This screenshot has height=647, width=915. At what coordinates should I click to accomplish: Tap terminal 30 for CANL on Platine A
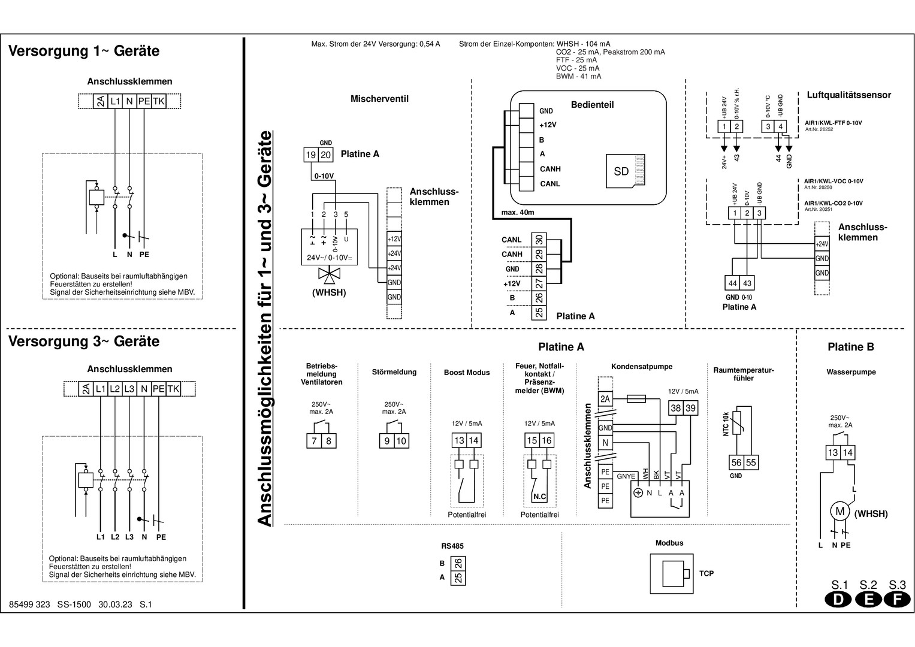coord(539,240)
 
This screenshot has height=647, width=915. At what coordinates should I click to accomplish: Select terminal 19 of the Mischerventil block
coord(311,155)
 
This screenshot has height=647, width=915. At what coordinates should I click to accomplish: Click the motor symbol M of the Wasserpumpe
coord(839,512)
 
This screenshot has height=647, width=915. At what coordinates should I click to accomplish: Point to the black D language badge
coord(839,600)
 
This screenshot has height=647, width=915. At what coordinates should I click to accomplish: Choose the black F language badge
coord(897,600)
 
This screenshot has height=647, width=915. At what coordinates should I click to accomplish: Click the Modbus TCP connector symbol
coord(674,573)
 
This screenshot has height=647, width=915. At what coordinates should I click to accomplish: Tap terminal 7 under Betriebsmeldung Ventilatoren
coord(315,441)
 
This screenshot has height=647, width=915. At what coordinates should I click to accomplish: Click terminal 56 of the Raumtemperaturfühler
coord(736,462)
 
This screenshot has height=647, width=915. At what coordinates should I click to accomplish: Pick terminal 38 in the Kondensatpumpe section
coord(676,408)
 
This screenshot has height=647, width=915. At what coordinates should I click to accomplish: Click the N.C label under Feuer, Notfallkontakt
coord(539,497)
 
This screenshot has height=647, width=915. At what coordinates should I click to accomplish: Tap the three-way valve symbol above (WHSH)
coord(328,276)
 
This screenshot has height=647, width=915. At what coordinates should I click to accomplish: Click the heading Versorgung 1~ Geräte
coord(84,51)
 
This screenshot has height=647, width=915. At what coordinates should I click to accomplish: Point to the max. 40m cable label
coord(517,213)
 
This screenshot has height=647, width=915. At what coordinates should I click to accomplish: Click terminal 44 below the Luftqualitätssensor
coord(732,283)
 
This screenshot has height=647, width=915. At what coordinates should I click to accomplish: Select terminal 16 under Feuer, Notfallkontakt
coord(546,440)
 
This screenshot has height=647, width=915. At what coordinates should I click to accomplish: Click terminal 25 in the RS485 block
coord(458,578)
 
